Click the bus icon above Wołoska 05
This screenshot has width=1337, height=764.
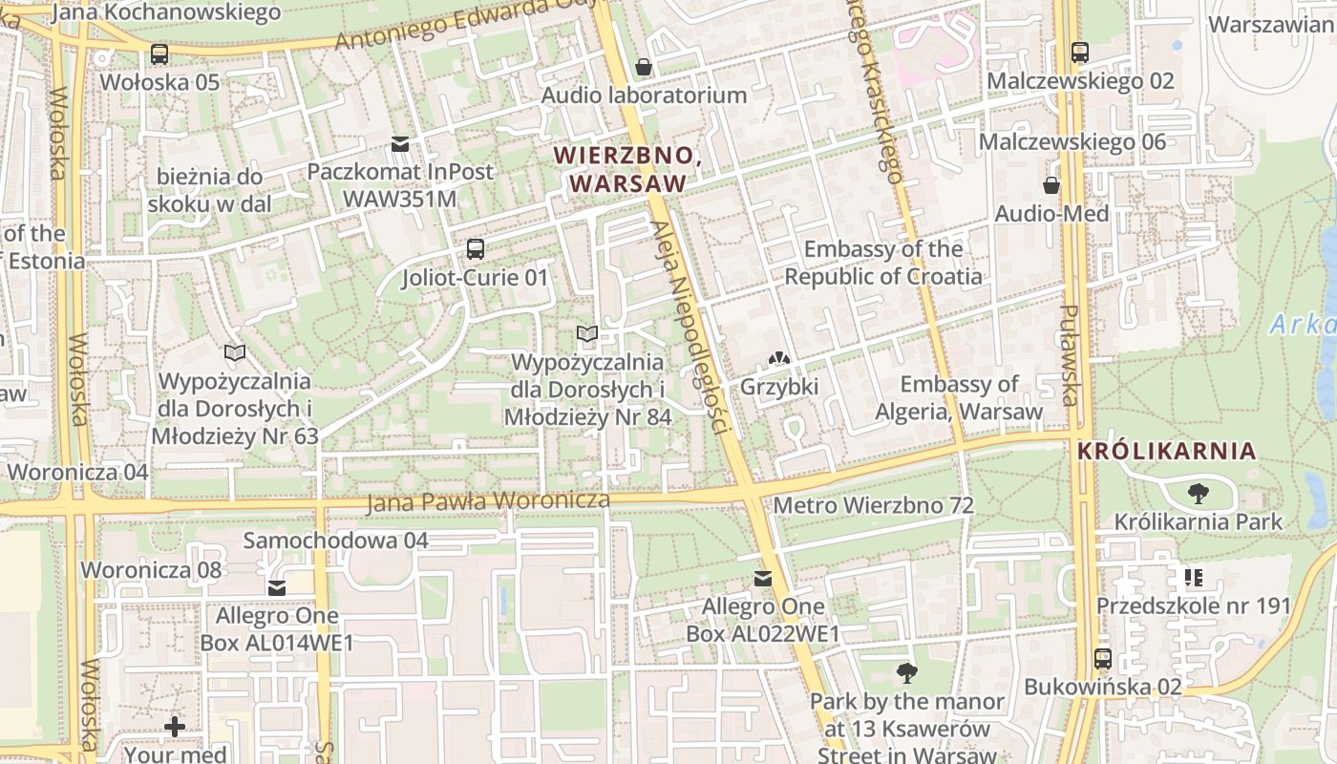click(159, 54)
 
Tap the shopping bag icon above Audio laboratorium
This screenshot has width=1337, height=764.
click(644, 67)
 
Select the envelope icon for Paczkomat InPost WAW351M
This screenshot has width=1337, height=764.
click(400, 144)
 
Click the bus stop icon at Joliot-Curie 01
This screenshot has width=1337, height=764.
click(475, 249)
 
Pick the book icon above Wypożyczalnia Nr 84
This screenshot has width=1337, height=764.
click(587, 334)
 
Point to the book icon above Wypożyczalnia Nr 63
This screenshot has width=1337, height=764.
click(234, 353)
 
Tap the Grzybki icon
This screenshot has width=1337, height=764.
click(779, 359)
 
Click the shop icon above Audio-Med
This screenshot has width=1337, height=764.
click(1051, 185)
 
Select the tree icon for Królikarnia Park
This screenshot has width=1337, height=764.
click(1198, 494)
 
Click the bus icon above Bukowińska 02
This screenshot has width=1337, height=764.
click(1103, 659)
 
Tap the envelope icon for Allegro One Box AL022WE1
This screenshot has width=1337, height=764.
click(762, 579)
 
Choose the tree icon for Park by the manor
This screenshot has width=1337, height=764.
click(906, 673)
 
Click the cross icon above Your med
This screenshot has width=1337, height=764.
click(175, 727)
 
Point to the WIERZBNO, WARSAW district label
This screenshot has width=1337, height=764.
click(627, 169)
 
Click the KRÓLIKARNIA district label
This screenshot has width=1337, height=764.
click(1166, 451)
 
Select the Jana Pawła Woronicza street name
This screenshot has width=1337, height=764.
click(488, 501)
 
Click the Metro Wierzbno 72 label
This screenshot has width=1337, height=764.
click(874, 505)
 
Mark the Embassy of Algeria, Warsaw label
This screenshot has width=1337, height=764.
click(960, 398)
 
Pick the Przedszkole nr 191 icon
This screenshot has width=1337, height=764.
click(1193, 578)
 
